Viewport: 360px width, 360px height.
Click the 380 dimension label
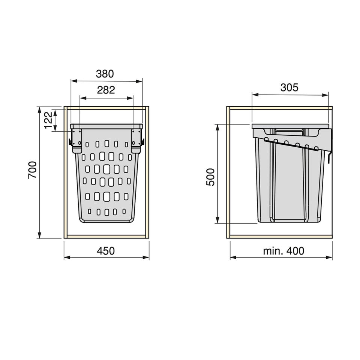105,74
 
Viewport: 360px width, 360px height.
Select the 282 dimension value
106,90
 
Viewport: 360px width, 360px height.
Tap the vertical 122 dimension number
48,120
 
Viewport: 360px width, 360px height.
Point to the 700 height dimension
32,170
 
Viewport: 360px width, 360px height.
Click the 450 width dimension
106,251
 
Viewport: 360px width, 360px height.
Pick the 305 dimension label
289,87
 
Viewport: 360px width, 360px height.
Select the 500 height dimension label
210,177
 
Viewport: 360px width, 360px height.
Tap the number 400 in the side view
295,251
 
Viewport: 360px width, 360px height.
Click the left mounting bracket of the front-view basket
76,140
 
